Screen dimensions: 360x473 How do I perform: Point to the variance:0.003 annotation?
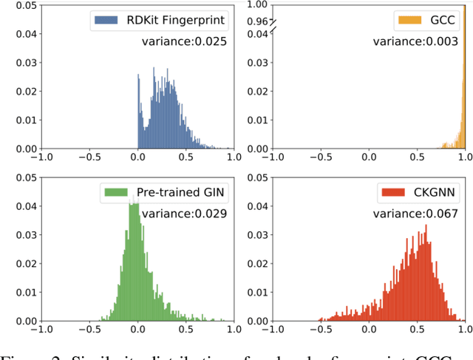click(418, 42)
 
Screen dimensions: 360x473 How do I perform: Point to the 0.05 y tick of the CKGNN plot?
click(255, 177)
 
